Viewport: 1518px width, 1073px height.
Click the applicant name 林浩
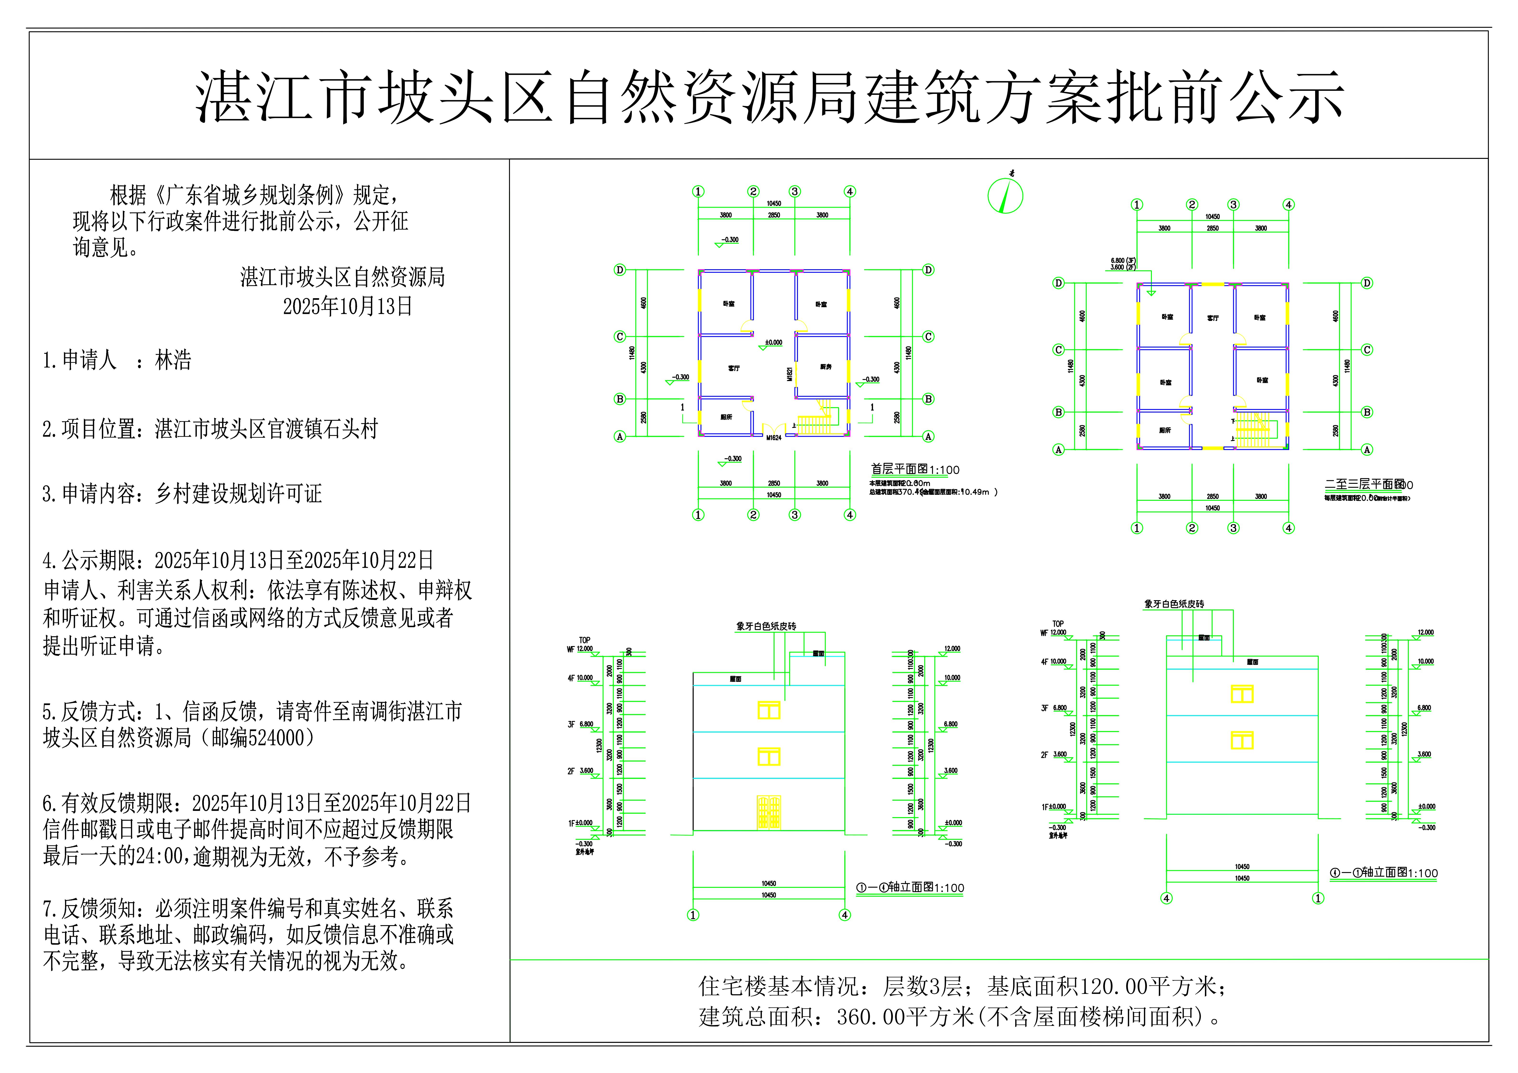[x=173, y=360]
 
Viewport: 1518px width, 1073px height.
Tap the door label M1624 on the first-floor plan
[x=774, y=438]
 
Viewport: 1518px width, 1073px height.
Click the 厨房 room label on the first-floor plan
[x=826, y=367]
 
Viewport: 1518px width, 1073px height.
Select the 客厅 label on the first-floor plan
[x=734, y=368]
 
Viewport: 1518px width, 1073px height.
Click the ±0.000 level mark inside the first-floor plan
[x=774, y=342]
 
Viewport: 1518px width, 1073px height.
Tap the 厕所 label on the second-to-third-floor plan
[x=1165, y=430]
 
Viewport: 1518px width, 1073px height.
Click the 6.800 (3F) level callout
[x=1123, y=260]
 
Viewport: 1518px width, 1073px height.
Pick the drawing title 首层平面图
[x=899, y=469]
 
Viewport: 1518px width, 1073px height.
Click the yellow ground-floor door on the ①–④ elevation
[x=769, y=813]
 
